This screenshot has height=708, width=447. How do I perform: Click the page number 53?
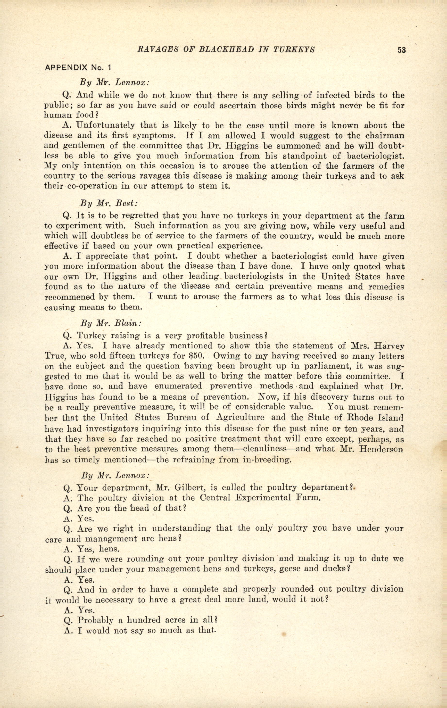click(x=401, y=50)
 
